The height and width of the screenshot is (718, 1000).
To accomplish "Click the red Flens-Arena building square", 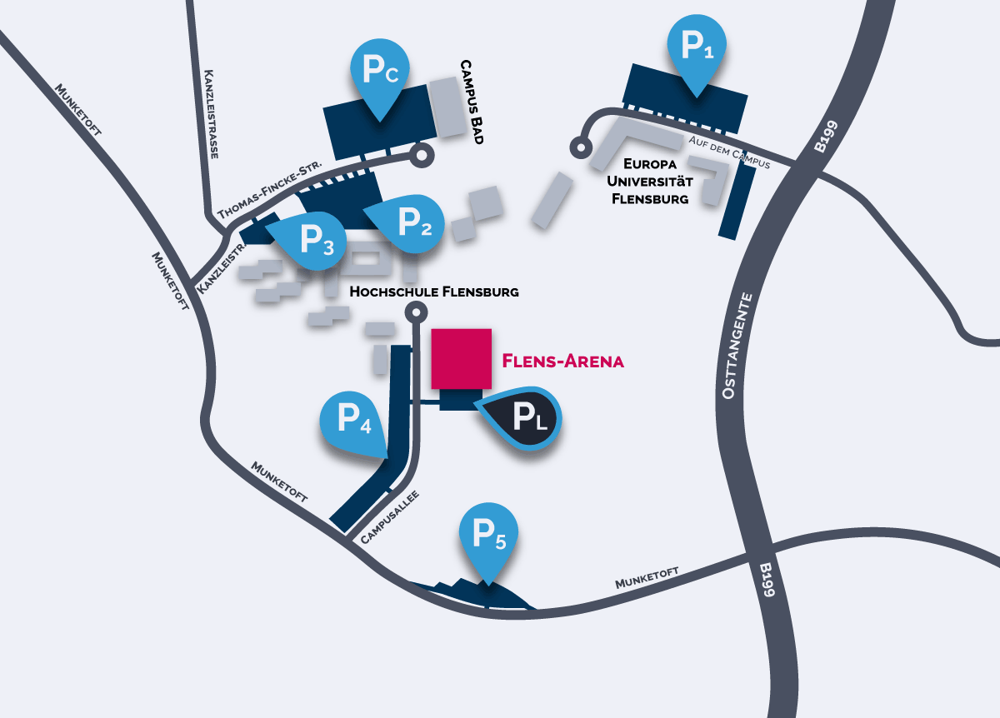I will coord(461,358).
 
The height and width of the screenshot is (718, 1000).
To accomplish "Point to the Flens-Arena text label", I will coord(563,361).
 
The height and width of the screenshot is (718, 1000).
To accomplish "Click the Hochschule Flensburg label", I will coord(434,292).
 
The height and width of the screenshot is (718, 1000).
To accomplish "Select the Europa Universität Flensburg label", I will coord(650,180).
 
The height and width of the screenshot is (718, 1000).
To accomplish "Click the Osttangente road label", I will coord(733,345).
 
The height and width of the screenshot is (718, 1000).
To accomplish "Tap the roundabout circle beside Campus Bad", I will coord(422,154).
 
